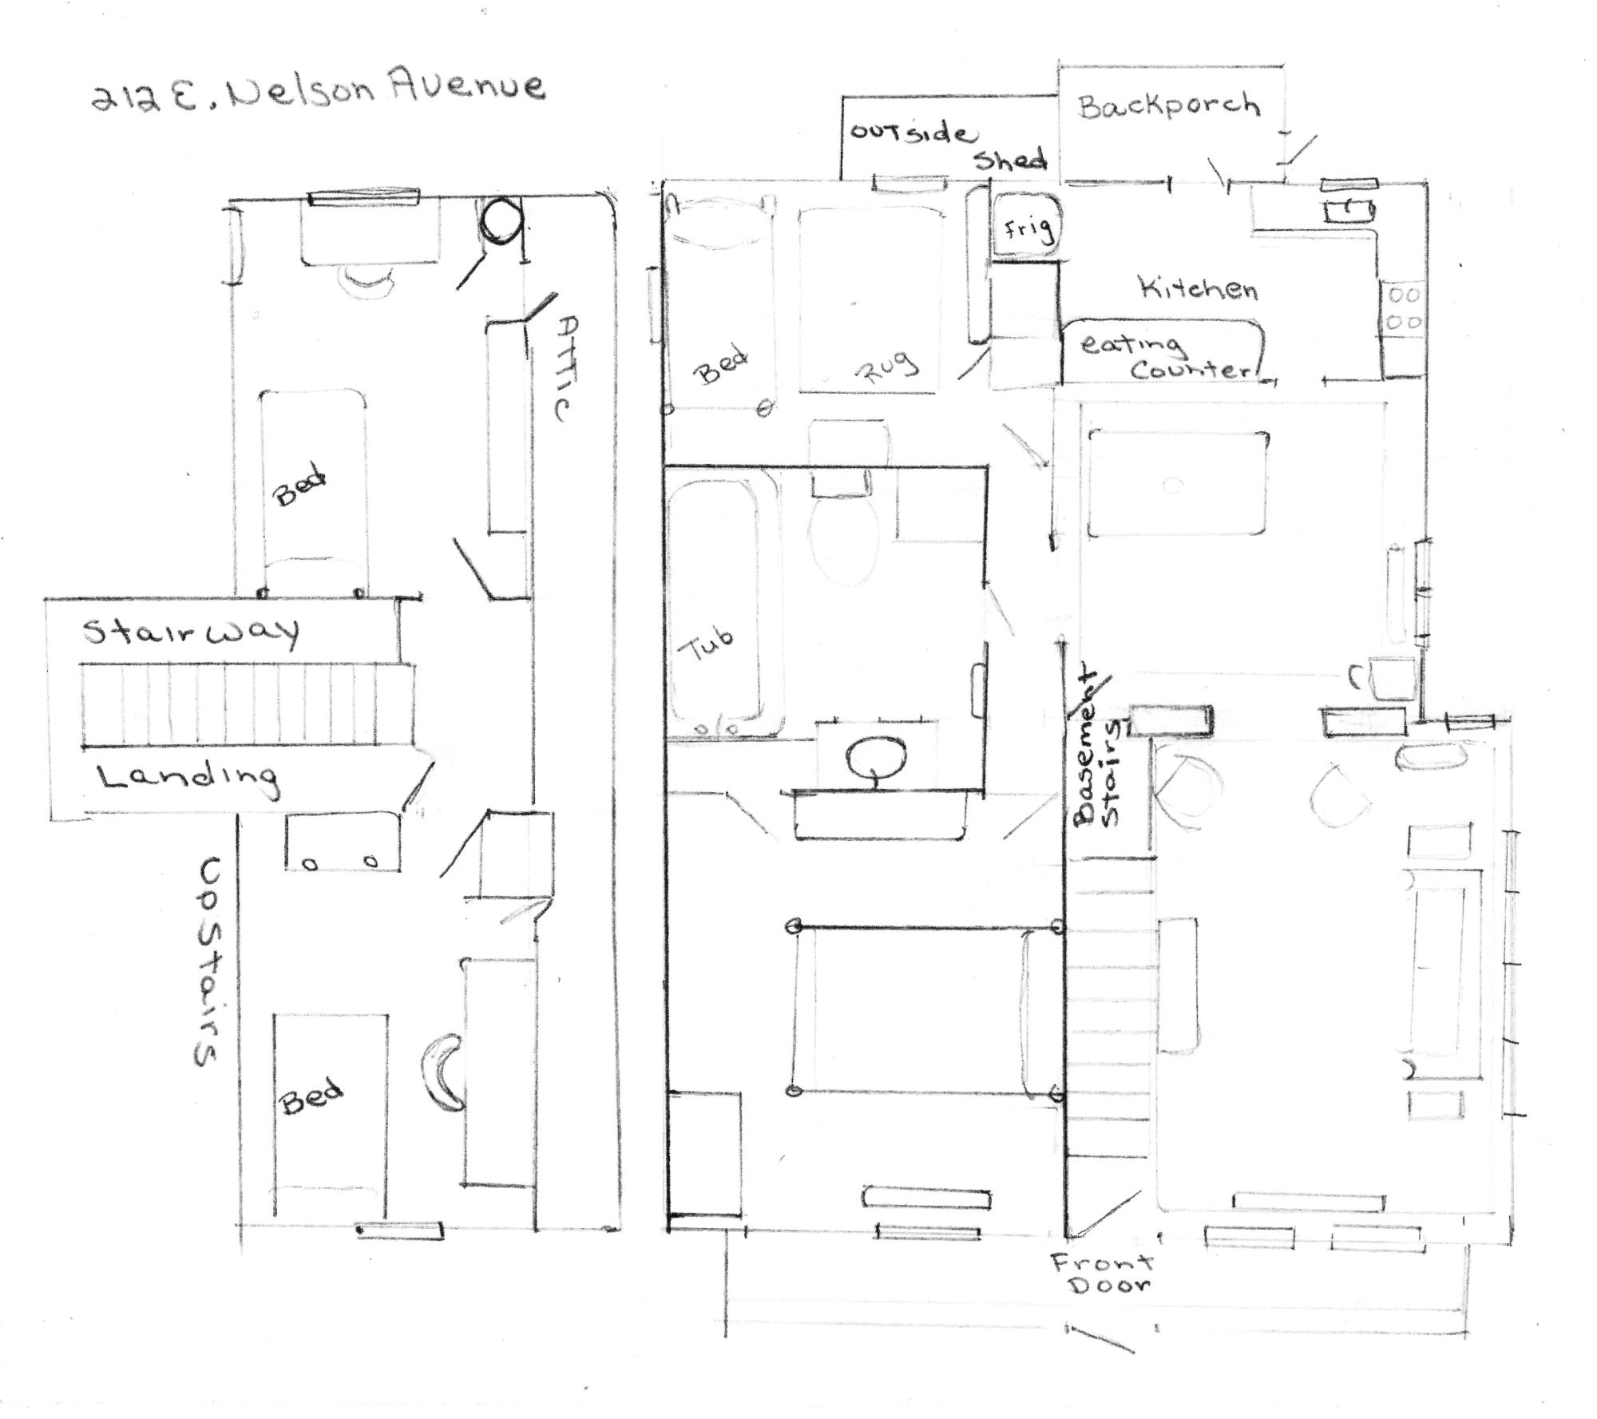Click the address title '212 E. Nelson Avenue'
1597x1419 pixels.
[318, 92]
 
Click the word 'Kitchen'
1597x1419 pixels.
[1198, 287]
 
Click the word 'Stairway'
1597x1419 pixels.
[192, 632]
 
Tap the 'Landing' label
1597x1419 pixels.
[188, 778]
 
